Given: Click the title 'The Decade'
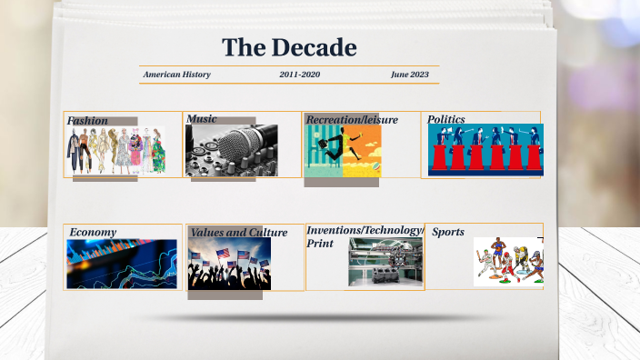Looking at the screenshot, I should pyautogui.click(x=289, y=47).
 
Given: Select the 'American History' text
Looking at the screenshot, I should pyautogui.click(x=177, y=75).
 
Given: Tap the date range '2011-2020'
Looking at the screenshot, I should pyautogui.click(x=299, y=75).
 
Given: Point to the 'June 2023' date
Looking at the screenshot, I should pyautogui.click(x=409, y=75).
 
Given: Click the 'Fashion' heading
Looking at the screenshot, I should pyautogui.click(x=87, y=121).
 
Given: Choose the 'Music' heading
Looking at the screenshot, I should pyautogui.click(x=202, y=119).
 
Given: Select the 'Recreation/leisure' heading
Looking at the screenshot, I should pyautogui.click(x=352, y=120).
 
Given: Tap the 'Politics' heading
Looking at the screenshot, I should pyautogui.click(x=446, y=119).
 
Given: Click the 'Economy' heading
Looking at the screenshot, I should pyautogui.click(x=93, y=233).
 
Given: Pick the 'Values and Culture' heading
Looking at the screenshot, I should pyautogui.click(x=238, y=233).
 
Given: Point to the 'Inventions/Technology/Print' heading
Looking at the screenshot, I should pyautogui.click(x=365, y=236).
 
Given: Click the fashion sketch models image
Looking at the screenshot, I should pyautogui.click(x=115, y=151).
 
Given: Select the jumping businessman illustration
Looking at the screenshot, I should pyautogui.click(x=343, y=151).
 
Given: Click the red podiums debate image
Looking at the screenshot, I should pyautogui.click(x=485, y=150).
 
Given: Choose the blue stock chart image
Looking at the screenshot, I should pyautogui.click(x=122, y=265).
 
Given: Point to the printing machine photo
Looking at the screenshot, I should pyautogui.click(x=385, y=263).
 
